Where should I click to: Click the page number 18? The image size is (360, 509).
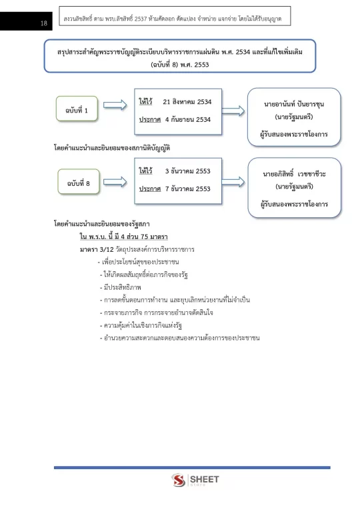tap(44, 23)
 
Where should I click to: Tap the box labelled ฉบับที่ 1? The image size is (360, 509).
tap(77, 109)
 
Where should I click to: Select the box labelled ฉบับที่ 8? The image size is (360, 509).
tap(79, 182)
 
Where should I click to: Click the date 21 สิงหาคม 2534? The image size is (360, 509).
tap(187, 102)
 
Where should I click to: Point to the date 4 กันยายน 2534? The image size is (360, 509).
tap(188, 119)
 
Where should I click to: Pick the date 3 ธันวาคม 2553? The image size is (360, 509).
tap(188, 171)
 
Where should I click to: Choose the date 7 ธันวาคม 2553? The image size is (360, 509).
tap(188, 189)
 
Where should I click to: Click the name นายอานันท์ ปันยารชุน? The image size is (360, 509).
tap(294, 104)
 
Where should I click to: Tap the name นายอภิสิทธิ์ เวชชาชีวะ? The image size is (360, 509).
tap(295, 174)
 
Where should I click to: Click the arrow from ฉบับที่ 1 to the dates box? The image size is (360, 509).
tap(115, 105)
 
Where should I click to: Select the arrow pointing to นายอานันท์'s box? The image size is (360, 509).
tap(233, 111)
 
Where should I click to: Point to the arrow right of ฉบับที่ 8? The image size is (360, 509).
tap(115, 182)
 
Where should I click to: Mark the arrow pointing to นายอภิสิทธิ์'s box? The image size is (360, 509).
tap(233, 181)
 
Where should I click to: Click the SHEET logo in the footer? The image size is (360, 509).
tap(195, 480)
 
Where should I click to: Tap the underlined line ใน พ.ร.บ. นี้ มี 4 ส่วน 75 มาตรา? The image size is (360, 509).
tap(124, 237)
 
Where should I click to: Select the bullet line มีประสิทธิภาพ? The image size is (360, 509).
tap(121, 287)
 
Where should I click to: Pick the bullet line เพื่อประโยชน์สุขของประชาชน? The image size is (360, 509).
tap(139, 262)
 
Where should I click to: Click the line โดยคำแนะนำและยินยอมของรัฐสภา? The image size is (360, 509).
tap(102, 224)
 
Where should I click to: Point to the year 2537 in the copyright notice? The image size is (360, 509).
tap(141, 19)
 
